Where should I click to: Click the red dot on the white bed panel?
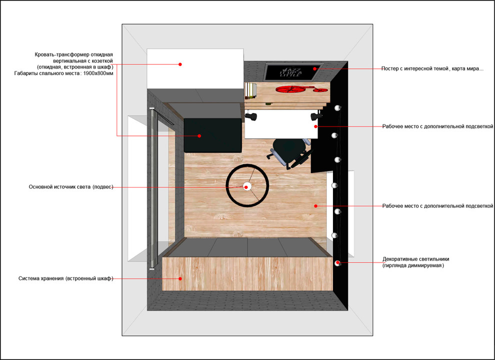[180, 64]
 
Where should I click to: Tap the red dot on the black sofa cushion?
[199, 136]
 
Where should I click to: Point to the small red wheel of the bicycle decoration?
[320, 90]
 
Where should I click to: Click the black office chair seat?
[289, 148]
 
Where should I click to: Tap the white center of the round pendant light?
[247, 186]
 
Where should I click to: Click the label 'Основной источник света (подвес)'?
[71, 187]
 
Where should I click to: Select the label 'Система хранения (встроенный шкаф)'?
[66, 278]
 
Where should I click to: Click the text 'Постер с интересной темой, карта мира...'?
[432, 68]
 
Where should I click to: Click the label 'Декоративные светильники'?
[416, 259]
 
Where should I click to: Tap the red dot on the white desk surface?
[315, 126]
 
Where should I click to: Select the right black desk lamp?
[316, 116]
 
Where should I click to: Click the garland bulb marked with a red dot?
[337, 262]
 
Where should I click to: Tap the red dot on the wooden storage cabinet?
[180, 278]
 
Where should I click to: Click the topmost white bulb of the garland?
[337, 108]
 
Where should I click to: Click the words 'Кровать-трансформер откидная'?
[73, 54]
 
